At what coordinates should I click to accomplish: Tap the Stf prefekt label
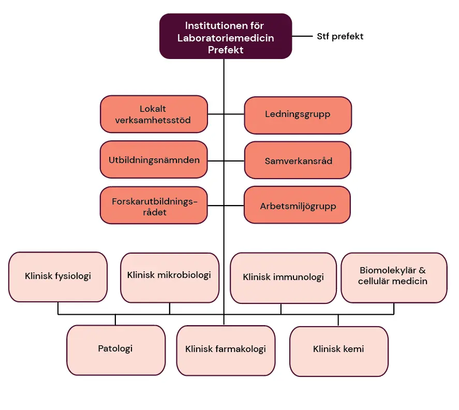(340, 36)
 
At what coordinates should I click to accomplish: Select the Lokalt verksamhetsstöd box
(153, 114)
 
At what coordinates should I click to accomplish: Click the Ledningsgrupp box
(298, 115)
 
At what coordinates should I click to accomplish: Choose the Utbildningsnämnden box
(154, 160)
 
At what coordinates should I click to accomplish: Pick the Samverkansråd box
(298, 161)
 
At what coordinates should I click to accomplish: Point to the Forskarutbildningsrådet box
(154, 206)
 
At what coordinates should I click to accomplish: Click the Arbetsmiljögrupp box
(298, 206)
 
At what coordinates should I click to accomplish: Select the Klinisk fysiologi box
(58, 276)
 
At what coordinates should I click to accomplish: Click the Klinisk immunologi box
(283, 277)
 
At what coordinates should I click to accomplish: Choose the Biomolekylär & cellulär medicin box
(394, 277)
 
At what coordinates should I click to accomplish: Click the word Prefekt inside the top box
(225, 50)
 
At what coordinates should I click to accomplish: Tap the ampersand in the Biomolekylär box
(422, 270)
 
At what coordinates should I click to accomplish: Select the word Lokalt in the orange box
(153, 109)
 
